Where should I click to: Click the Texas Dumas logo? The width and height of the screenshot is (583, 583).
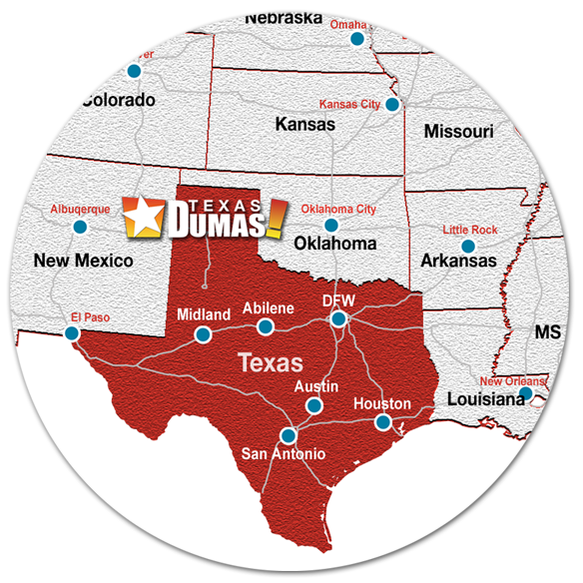coord(204,215)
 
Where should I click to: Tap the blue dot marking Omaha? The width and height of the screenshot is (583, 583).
coord(356,39)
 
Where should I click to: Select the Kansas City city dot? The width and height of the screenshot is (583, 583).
coord(392,104)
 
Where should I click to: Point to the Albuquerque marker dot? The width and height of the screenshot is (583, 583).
coord(80,227)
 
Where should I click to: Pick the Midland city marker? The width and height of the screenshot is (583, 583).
coord(203,334)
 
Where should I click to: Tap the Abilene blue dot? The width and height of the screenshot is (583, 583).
coord(265,326)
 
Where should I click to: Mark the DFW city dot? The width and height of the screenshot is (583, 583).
coord(338,318)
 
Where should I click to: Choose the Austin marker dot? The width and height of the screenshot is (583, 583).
coord(313,404)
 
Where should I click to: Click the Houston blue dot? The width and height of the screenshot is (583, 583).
coord(381,422)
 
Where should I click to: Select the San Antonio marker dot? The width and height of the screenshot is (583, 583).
coord(289,435)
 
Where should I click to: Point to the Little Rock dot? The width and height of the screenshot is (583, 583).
coord(466,246)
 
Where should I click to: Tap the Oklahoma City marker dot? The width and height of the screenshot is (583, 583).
coord(331,226)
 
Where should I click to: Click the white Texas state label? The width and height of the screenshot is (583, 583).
coord(270,361)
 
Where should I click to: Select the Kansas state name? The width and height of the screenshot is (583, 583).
coord(304,125)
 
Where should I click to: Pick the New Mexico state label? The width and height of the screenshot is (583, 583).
coord(83,262)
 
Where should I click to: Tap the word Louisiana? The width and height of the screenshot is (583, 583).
coord(486,398)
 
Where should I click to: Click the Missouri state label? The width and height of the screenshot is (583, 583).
coord(458,132)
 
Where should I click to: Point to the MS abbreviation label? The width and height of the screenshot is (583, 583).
coord(548,332)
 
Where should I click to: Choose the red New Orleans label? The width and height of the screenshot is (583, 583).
coord(512,381)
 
